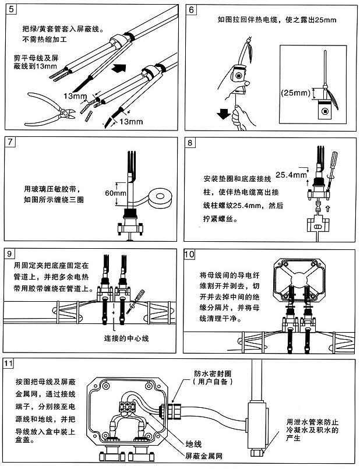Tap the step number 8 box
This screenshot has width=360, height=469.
click(x=190, y=143)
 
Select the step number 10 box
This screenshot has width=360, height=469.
click(x=190, y=254)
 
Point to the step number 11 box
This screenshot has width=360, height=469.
click(x=10, y=365)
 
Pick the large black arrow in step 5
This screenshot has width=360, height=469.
click(x=119, y=68)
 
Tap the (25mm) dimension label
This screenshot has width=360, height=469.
click(x=295, y=92)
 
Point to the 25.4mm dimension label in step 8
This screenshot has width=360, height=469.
click(x=290, y=174)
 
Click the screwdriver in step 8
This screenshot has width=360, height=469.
click(x=334, y=167)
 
